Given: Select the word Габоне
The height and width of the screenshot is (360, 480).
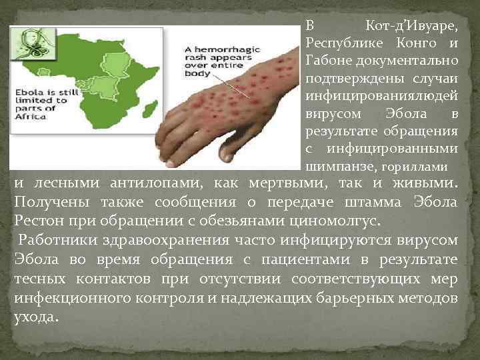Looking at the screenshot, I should (326, 61).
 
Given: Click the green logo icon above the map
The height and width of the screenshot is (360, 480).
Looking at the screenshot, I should (29, 43).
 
